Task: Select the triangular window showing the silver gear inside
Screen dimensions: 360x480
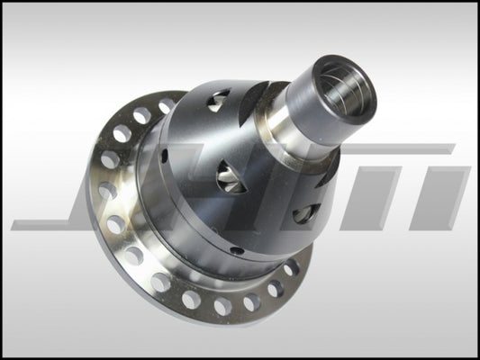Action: point(230,178)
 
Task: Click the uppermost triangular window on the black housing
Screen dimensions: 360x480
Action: point(217,101)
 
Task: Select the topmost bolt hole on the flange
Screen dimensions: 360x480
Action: point(168,105)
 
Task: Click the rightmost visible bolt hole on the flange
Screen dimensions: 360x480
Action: point(292,268)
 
